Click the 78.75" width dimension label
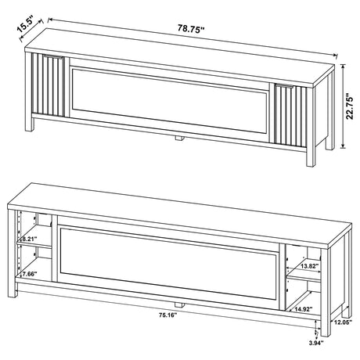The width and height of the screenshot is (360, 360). [x=191, y=30]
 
